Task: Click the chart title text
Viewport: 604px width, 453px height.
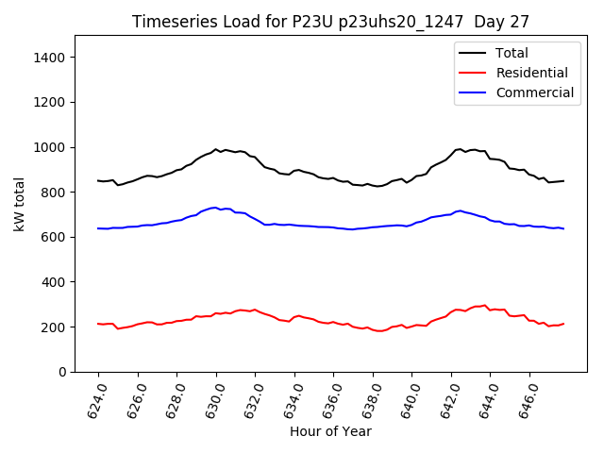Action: (330, 21)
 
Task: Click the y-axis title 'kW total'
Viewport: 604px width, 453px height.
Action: (21, 204)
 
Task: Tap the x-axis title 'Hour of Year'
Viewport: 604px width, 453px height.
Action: (330, 431)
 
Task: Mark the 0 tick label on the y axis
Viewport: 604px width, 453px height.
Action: (62, 372)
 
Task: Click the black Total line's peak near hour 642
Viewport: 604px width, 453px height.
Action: (460, 149)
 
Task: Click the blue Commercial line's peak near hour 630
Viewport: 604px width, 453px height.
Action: (215, 208)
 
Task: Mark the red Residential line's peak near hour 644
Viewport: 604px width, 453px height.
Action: (484, 306)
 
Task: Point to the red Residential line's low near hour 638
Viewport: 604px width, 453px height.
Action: (378, 330)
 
